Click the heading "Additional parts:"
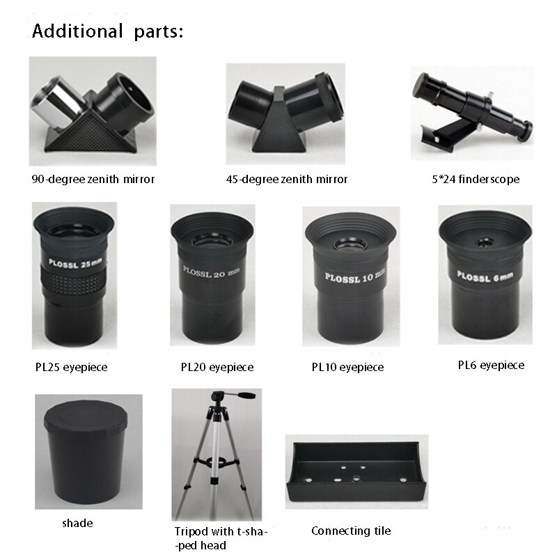[108, 31]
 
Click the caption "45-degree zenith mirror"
[287, 180]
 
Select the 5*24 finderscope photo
[472, 112]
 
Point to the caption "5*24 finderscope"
[476, 180]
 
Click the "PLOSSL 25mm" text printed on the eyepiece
[76, 264]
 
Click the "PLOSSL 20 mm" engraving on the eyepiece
[212, 272]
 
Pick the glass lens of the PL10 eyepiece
[351, 244]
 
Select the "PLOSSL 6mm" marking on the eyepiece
[485, 276]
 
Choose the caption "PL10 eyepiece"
[347, 368]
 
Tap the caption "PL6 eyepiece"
[491, 366]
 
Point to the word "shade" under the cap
[77, 524]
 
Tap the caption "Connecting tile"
[351, 531]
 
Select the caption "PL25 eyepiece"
[72, 368]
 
